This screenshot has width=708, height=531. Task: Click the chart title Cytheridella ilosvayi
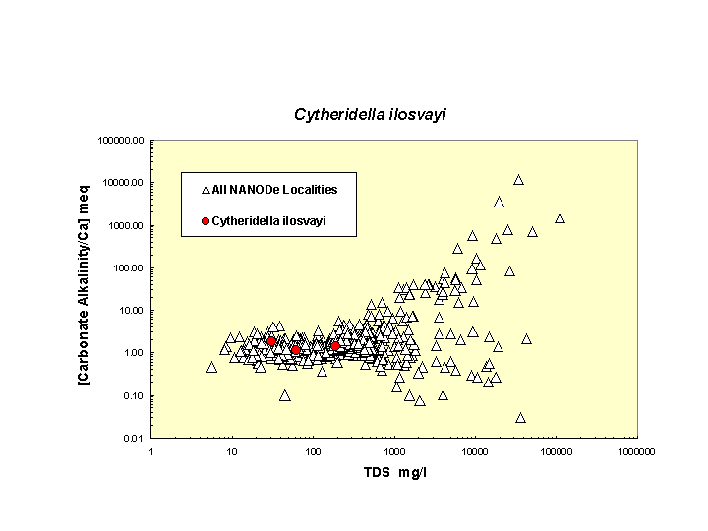tap(370, 115)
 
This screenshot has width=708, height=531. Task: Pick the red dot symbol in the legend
tap(206, 221)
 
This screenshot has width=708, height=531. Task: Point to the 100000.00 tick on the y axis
tap(122, 141)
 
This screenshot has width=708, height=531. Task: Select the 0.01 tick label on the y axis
tap(134, 439)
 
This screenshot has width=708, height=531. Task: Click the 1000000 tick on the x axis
tap(636, 451)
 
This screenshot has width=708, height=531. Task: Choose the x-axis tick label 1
tap(151, 451)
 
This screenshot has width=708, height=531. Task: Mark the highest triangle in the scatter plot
tap(518, 180)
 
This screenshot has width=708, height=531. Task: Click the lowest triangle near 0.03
tap(520, 418)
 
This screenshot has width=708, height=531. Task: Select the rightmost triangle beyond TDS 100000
tap(560, 218)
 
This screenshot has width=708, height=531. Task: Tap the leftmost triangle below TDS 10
tap(211, 367)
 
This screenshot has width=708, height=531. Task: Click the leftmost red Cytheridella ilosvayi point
tap(271, 341)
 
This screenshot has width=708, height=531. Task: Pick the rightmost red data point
tap(335, 346)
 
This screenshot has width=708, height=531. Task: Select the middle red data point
tap(296, 350)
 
